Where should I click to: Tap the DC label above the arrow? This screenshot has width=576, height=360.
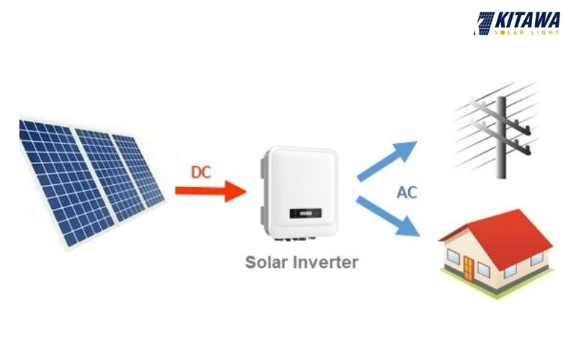click(201, 172)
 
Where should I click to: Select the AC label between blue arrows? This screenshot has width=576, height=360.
click(406, 193)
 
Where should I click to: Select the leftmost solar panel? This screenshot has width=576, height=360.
click(54, 180)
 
